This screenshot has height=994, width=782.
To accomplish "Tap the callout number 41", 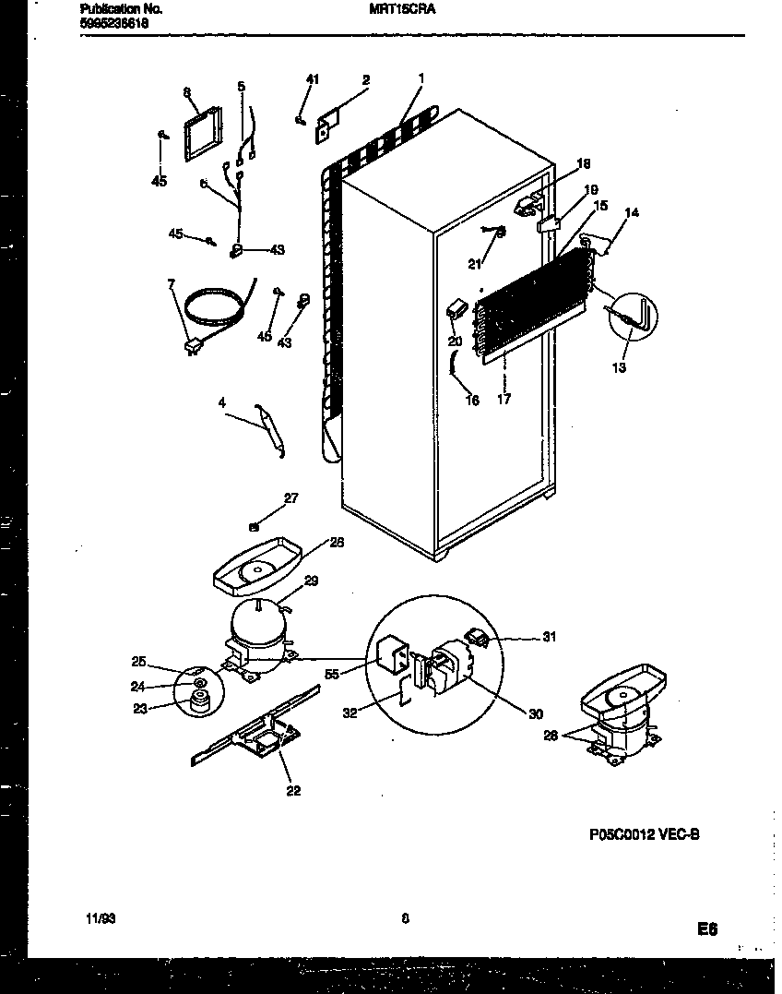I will click(x=312, y=81).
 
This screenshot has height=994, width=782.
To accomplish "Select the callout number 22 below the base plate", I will click(x=292, y=790).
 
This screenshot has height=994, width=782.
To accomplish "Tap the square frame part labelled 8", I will click(x=203, y=137).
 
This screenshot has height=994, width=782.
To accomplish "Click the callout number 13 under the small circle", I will click(x=618, y=368).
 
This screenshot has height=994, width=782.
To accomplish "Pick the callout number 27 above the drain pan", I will click(x=290, y=498).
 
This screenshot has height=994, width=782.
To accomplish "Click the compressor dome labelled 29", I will click(x=259, y=620).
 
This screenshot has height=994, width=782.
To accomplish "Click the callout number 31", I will click(x=549, y=638).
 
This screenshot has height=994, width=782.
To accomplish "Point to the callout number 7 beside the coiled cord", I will click(x=171, y=284).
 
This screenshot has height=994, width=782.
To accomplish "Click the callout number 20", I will click(x=454, y=341).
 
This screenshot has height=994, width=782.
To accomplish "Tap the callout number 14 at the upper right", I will click(x=632, y=214).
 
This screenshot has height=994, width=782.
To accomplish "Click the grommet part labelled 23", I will click(x=200, y=702).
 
